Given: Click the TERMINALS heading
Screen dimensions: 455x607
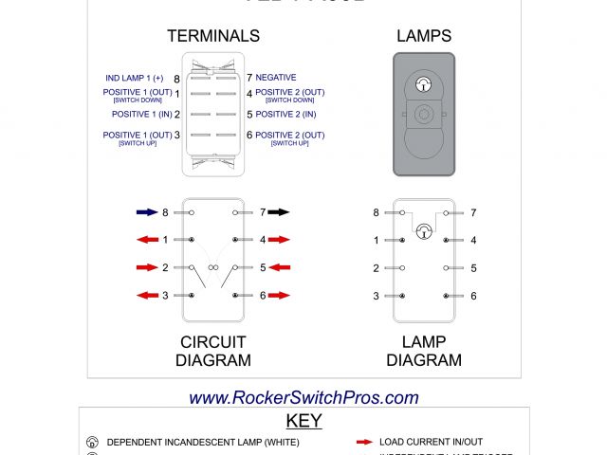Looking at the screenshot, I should point(213,36).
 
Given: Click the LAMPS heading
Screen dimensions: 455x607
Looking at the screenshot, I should point(423,36).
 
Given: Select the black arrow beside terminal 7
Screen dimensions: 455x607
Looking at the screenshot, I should point(278,213).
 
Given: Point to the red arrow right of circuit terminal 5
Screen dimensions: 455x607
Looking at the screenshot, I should point(279,268).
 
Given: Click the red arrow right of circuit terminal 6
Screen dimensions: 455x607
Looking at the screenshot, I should point(279,296).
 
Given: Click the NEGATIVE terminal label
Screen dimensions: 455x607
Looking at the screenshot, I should point(276,78).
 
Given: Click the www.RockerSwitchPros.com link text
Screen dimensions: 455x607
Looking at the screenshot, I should point(303,398).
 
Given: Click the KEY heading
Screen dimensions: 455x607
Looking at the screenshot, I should point(303,421).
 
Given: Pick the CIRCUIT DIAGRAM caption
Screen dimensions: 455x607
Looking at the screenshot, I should point(213,351).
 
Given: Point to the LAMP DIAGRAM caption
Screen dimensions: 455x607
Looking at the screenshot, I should point(424,351).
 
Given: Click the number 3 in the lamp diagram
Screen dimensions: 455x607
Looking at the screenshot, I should point(376,296).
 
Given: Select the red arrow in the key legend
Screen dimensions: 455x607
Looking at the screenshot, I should point(362,443).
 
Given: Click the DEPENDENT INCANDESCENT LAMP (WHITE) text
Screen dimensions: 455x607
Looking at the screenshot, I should point(202,443).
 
